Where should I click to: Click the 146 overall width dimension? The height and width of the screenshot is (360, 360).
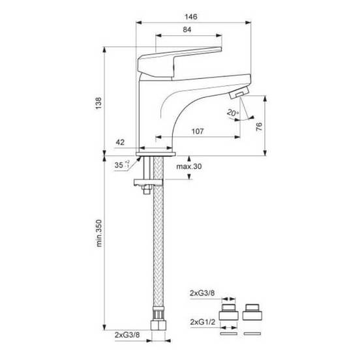click(191, 17)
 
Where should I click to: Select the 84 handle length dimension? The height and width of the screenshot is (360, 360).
click(187, 29)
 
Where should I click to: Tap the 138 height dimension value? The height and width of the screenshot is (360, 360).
click(98, 103)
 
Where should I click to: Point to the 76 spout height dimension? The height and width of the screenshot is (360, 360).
click(259, 127)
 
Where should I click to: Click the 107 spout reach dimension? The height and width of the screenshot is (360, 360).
click(198, 131)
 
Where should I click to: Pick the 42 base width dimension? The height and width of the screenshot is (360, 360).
click(120, 142)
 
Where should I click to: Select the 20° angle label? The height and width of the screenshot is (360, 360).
click(233, 113)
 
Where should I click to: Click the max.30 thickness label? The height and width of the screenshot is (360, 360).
click(189, 166)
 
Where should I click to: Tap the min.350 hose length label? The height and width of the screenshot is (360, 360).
click(99, 233)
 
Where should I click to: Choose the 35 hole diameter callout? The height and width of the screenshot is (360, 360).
click(122, 164)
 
